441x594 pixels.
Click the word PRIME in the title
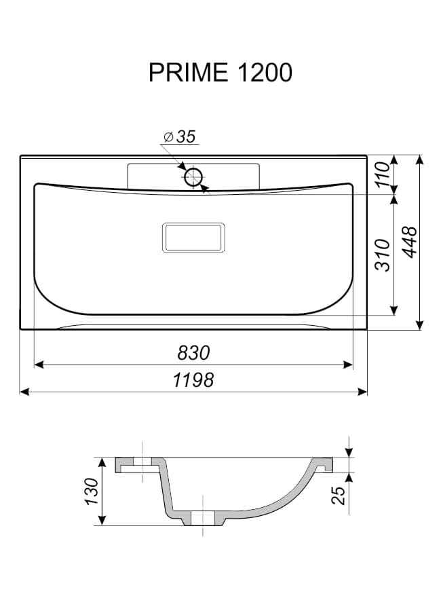(188, 73)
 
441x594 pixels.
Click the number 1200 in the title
(264, 73)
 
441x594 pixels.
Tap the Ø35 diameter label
(180, 136)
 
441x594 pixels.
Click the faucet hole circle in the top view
(194, 177)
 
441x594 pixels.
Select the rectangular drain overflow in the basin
(193, 238)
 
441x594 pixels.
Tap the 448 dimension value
(410, 242)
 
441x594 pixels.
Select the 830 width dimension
(193, 353)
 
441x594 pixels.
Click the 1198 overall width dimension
(193, 380)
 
